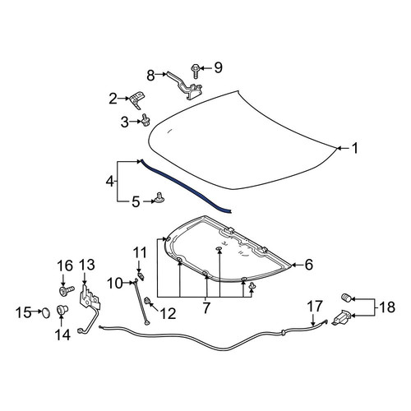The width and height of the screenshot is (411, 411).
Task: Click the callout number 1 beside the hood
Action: click(x=355, y=148)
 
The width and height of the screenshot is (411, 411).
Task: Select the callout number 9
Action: click(x=218, y=67)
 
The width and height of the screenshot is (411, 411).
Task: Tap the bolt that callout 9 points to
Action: click(x=195, y=72)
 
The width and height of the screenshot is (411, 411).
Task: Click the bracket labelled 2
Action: click(x=137, y=100)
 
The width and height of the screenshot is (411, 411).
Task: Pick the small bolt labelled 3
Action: click(x=145, y=121)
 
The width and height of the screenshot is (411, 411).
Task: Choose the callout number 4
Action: click(x=110, y=181)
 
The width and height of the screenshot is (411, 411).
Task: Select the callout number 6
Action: click(x=309, y=265)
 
